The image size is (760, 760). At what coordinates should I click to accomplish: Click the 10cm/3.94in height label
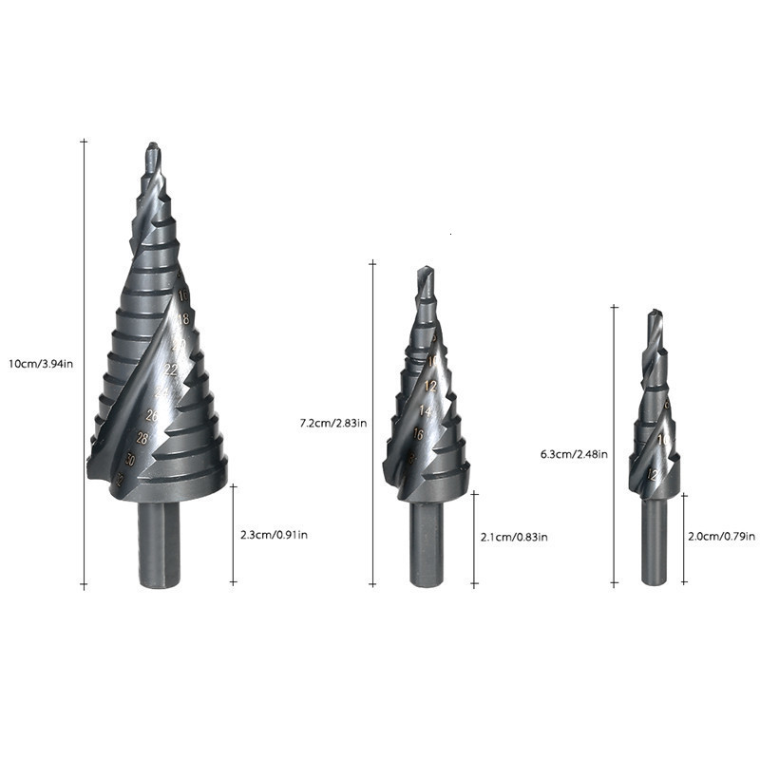pyautogui.click(x=41, y=364)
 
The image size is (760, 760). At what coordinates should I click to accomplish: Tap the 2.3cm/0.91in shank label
pyautogui.click(x=274, y=535)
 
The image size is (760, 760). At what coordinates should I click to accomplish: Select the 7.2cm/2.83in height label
pyautogui.click(x=333, y=423)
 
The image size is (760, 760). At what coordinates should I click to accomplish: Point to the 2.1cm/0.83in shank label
pyautogui.click(x=514, y=538)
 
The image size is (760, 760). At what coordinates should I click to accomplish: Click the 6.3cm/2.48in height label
pyautogui.click(x=573, y=454)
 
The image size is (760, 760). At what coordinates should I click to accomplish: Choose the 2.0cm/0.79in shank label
pyautogui.click(x=723, y=537)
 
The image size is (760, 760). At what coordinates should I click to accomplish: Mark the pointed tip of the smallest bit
pyautogui.click(x=652, y=313)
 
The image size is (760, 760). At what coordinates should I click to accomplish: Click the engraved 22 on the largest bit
pyautogui.click(x=172, y=369)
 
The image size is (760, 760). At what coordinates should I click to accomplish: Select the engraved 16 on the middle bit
pyautogui.click(x=418, y=434)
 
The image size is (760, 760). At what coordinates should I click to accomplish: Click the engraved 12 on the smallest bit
pyautogui.click(x=652, y=473)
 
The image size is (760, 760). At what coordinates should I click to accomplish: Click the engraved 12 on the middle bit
pyautogui.click(x=430, y=386)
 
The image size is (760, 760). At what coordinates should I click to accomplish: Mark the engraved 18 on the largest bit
pyautogui.click(x=184, y=319)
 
